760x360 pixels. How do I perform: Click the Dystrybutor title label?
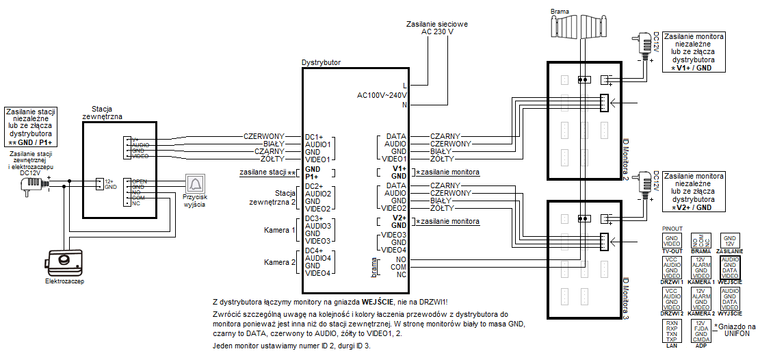321,63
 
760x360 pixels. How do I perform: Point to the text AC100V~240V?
382,95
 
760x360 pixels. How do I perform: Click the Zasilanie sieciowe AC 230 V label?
436,27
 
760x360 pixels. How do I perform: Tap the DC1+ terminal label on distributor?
313,137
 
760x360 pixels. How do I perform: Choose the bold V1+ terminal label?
399,168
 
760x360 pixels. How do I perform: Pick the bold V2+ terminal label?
399,218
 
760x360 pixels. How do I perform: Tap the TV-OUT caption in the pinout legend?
672,251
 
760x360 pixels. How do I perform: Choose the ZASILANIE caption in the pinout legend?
729,251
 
